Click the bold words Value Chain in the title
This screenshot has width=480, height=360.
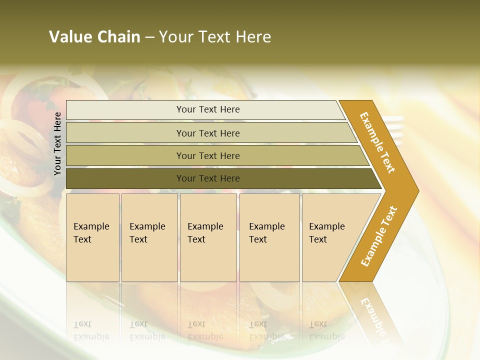[94, 37]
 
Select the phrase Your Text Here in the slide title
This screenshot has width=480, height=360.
[215, 37]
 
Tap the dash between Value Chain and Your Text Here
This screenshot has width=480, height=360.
[149, 37]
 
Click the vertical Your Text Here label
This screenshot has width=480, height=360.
[57, 144]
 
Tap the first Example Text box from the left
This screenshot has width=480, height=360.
[92, 237]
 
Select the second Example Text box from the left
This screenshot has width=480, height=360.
[149, 237]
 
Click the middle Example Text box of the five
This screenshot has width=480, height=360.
[208, 237]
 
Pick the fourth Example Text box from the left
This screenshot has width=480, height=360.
[269, 237]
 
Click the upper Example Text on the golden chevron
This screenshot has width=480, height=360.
[377, 142]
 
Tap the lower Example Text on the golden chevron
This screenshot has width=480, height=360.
[378, 236]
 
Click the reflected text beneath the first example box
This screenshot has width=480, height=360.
[91, 330]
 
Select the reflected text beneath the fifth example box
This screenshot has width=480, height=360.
[326, 330]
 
